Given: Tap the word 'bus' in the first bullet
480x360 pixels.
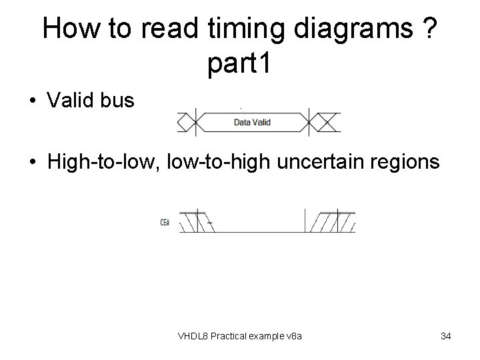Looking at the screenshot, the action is (x=119, y=101).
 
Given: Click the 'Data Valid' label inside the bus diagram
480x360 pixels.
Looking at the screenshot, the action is (x=252, y=123).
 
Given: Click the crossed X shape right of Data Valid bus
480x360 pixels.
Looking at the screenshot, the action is (x=326, y=123).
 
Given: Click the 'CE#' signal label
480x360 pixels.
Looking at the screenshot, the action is (x=165, y=222).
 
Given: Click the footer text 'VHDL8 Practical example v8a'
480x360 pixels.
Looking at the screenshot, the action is (x=240, y=335).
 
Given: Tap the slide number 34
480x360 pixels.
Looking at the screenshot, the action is (x=445, y=335).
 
